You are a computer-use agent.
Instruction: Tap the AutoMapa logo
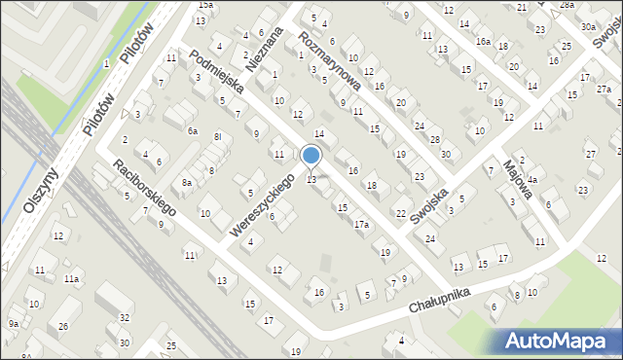tap(560, 341)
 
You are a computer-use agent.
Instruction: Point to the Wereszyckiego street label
tap(263, 205)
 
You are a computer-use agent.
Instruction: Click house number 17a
tap(361, 225)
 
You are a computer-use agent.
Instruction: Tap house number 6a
tap(193, 130)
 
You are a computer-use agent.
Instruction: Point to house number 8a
tap(186, 182)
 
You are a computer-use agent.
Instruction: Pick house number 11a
tap(71, 279)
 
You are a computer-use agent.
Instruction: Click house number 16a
tap(483, 42)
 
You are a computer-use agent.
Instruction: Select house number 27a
tap(604, 90)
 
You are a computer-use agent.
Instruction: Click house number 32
tap(126, 317)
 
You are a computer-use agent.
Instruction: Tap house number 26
tap(63, 326)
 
